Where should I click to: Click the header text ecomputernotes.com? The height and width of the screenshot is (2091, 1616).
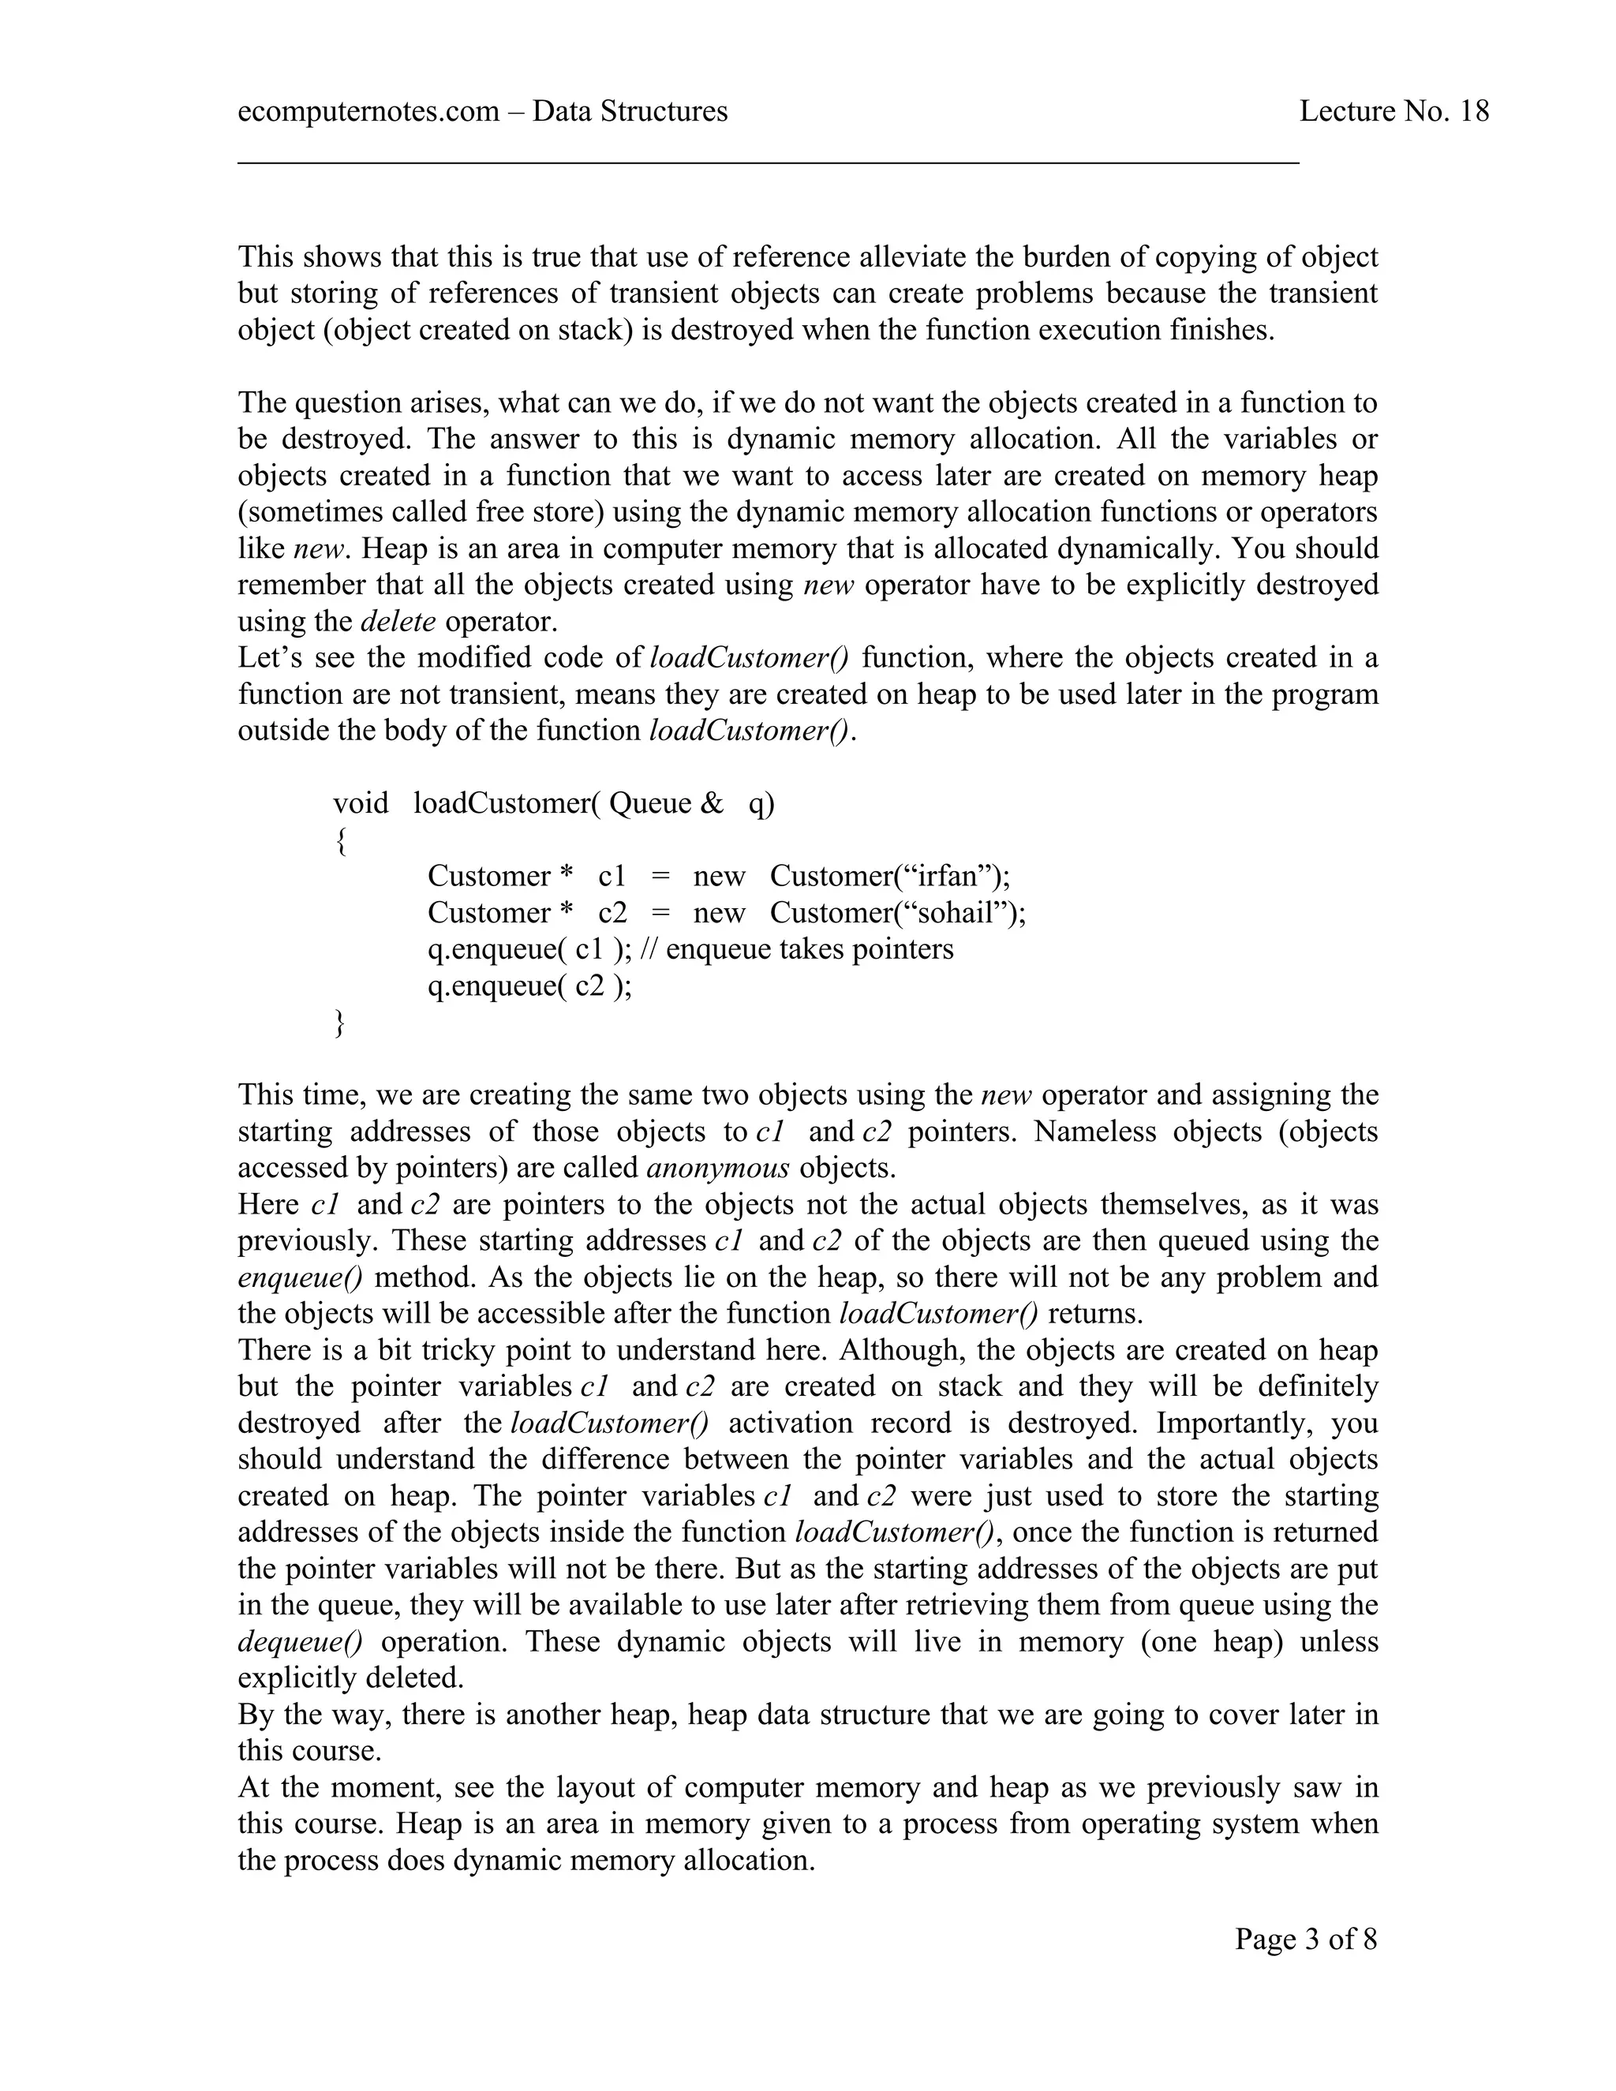coord(368,112)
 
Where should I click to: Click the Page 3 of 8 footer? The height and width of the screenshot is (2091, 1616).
coord(1306,1939)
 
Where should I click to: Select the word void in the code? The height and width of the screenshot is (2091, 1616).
coord(360,802)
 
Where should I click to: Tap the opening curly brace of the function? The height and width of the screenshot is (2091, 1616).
coord(340,840)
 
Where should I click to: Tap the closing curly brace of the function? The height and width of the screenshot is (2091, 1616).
coord(340,1023)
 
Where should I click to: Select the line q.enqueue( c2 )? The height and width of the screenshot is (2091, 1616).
coord(529,986)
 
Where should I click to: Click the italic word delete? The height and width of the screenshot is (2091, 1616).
coord(398,621)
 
